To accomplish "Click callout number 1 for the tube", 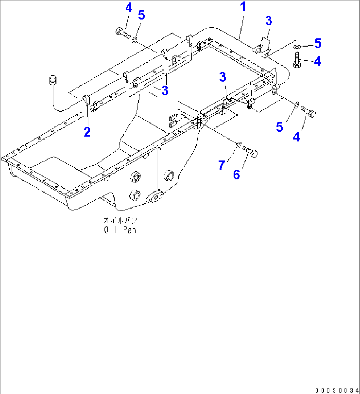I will (x=243, y=7).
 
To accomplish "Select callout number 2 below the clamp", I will (x=87, y=132).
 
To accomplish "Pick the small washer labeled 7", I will (x=237, y=145).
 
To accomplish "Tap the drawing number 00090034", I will (x=336, y=390).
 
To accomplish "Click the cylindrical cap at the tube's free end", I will (x=53, y=80).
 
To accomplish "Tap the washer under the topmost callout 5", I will (x=135, y=40).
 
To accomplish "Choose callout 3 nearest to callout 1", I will (x=269, y=20).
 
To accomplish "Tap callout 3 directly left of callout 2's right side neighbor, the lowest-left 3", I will (x=165, y=91).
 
